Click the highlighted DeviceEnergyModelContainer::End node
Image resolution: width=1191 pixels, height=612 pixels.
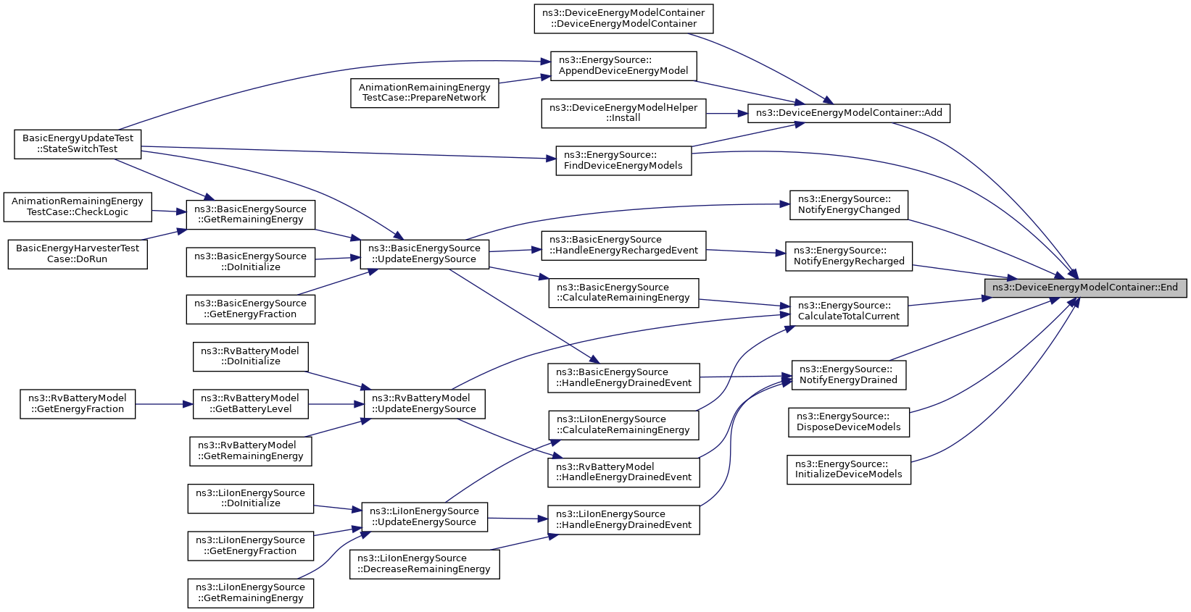point(1085,288)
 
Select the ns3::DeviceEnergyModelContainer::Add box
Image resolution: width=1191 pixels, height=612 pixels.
point(849,113)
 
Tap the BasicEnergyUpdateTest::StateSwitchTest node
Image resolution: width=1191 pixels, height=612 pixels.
point(78,144)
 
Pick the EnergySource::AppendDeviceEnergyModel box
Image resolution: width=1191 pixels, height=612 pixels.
point(623,66)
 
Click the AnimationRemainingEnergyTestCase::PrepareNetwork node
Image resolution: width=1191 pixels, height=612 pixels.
point(424,93)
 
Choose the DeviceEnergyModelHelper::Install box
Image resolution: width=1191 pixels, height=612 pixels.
point(623,113)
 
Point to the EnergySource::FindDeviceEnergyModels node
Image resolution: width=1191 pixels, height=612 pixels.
point(623,161)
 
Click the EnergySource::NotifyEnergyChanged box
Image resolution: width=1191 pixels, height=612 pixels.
point(849,205)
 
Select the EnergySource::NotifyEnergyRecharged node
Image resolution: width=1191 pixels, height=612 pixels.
point(849,256)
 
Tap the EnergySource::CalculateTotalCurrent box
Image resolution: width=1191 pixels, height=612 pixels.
point(849,311)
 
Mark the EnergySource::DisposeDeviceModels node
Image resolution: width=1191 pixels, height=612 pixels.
point(849,422)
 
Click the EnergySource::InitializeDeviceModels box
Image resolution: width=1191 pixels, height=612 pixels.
point(849,469)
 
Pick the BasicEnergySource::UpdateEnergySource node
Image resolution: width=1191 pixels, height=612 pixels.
point(424,254)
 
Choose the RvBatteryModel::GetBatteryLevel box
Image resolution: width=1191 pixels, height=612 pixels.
point(250,403)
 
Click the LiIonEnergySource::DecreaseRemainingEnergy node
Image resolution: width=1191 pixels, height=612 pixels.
point(424,564)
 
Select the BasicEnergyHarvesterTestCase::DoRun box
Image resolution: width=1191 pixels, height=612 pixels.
point(78,254)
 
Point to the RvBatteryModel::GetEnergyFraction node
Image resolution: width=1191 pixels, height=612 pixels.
point(78,403)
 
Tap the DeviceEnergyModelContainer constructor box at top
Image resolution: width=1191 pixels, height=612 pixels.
point(623,19)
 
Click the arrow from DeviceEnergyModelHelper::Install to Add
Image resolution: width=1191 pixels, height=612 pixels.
point(727,113)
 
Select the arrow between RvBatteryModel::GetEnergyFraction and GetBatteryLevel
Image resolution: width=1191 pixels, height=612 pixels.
point(164,403)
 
